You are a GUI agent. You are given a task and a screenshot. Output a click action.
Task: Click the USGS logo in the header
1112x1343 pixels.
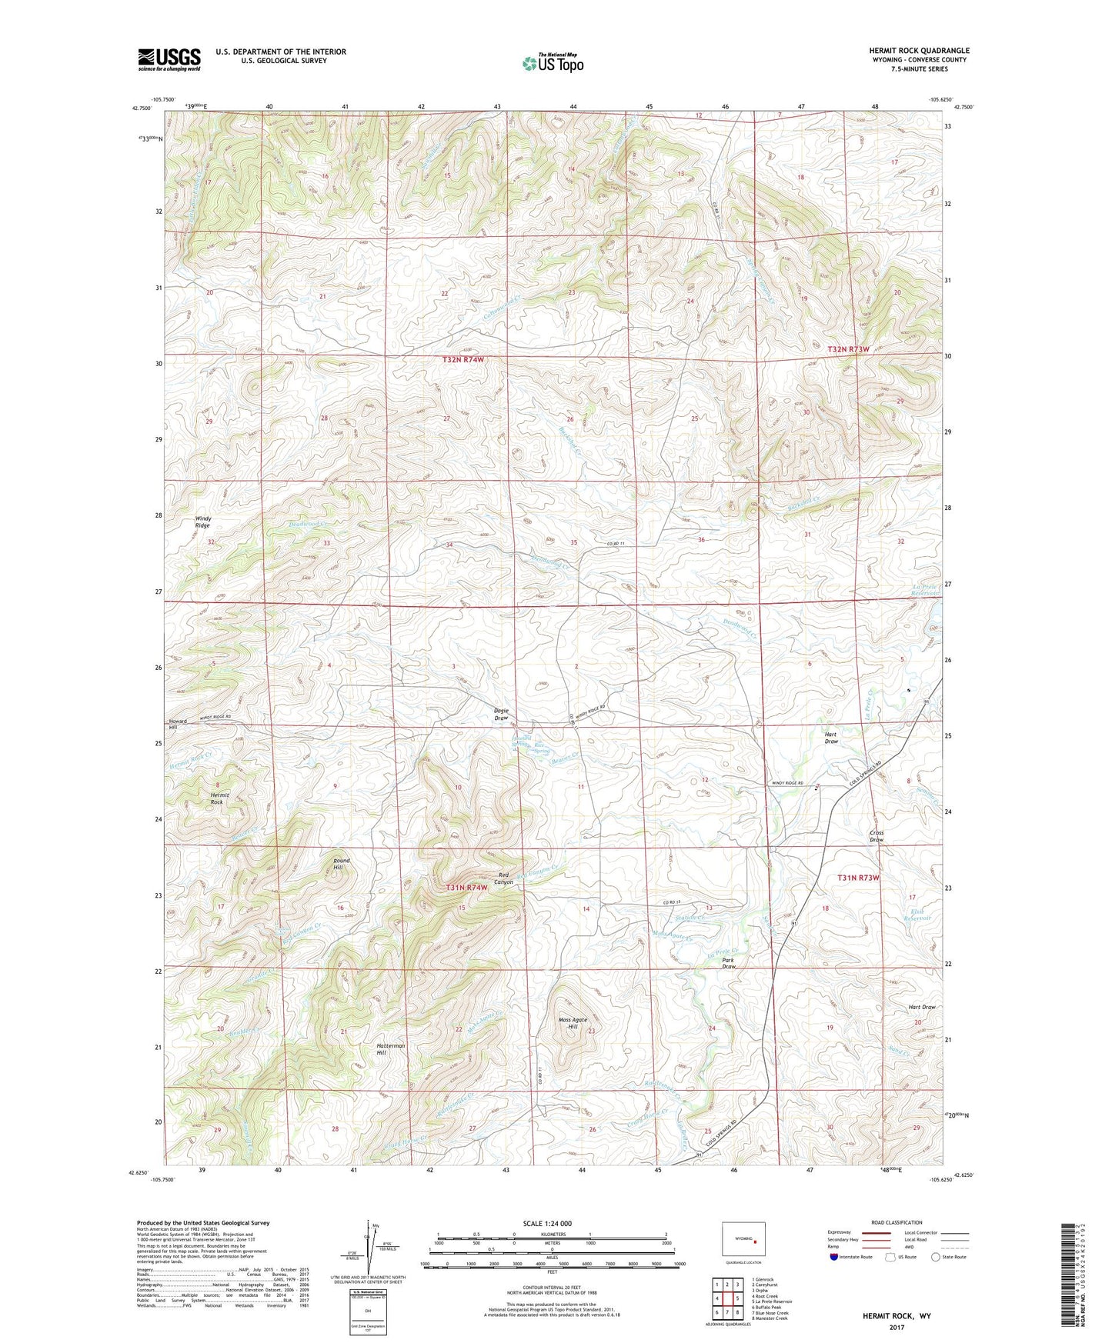[x=169, y=58]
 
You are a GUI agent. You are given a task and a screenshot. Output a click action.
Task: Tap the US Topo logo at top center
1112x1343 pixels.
[x=553, y=62]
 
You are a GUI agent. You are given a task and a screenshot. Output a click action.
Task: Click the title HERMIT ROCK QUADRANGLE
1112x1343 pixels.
[x=919, y=51]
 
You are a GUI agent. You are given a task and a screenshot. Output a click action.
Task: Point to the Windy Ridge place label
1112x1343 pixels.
[x=202, y=522]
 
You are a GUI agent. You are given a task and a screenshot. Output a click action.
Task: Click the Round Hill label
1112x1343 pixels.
[x=341, y=864]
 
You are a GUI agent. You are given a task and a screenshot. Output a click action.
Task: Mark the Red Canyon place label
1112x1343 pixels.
[x=505, y=878]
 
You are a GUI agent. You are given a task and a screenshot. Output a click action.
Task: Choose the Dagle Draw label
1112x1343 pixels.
[x=500, y=715]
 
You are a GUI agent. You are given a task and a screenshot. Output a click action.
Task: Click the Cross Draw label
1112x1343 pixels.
[x=877, y=836]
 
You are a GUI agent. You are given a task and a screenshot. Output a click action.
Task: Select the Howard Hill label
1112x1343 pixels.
[x=178, y=724]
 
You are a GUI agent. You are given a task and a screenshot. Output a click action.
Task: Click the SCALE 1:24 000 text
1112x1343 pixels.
[x=547, y=1224]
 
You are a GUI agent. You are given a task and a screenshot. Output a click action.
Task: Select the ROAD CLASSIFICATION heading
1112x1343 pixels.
[x=897, y=1222]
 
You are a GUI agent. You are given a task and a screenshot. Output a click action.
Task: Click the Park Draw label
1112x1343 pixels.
[x=729, y=963]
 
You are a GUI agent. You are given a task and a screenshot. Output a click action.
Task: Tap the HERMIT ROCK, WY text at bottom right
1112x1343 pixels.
[x=896, y=1316]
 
